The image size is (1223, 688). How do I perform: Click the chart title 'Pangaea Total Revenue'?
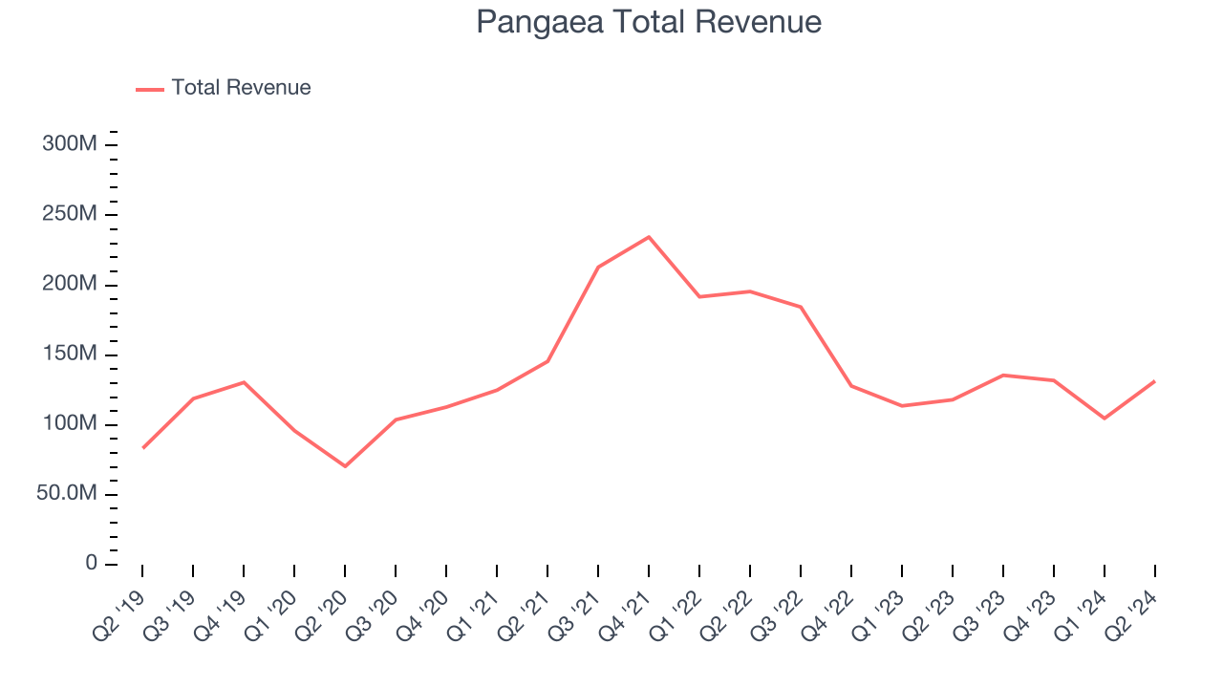tap(649, 22)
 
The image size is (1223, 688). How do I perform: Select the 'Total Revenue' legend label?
tap(241, 88)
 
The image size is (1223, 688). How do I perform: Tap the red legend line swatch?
tap(150, 89)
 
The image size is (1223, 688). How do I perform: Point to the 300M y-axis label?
tap(70, 144)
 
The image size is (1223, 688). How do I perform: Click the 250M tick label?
tap(70, 214)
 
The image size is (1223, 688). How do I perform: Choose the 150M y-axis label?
tap(70, 355)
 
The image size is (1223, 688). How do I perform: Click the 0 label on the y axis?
tap(91, 563)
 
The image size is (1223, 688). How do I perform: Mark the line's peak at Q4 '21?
tap(649, 237)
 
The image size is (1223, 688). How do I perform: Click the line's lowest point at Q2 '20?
tap(345, 466)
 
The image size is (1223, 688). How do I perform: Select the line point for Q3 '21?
tap(598, 267)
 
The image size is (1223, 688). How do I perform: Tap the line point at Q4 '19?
tap(244, 382)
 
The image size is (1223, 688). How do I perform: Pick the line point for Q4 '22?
tap(851, 386)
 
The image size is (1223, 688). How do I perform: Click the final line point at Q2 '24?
tap(1154, 381)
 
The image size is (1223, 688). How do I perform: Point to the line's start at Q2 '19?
tap(143, 447)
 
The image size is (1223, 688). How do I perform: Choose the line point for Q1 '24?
tap(1105, 419)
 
